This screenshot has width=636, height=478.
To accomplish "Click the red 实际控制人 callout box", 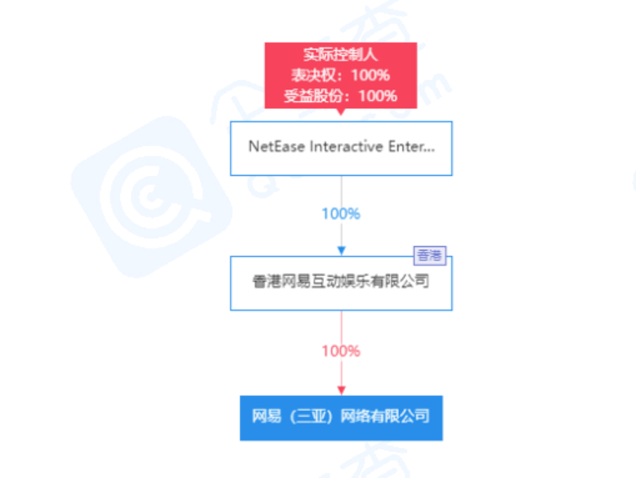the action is (341, 75).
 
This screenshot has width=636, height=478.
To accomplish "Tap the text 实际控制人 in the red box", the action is (341, 54).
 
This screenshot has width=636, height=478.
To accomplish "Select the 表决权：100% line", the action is (341, 75).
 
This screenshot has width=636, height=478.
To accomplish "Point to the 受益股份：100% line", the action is (341, 96).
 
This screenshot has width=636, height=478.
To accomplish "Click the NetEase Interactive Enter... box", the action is (341, 149).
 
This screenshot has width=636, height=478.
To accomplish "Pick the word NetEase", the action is (276, 146).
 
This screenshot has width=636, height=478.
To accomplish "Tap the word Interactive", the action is (346, 146).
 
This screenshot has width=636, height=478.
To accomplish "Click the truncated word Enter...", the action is (411, 146).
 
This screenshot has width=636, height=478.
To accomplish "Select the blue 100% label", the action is (341, 213).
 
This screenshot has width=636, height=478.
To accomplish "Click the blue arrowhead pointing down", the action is (342, 251).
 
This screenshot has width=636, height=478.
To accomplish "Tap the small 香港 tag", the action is (430, 256).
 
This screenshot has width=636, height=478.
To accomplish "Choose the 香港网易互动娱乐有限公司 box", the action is (341, 284).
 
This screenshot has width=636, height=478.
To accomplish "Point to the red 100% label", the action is (341, 351).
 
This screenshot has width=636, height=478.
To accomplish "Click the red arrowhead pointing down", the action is (342, 391).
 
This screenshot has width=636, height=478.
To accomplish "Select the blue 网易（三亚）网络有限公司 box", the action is (341, 418).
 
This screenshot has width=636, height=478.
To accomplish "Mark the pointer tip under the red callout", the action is (341, 114).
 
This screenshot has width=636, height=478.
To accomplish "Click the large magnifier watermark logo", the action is (152, 197).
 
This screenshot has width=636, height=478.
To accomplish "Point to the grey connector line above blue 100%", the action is (342, 190).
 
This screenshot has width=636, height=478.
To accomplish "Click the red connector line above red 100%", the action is (342, 327).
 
